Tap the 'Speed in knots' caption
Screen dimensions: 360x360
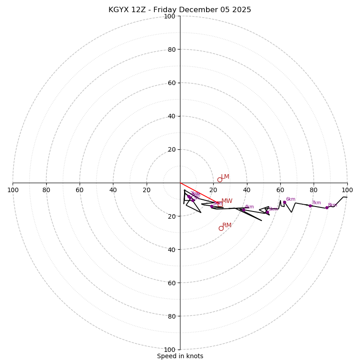(x=180, y=356)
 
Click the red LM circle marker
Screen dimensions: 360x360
(x=220, y=180)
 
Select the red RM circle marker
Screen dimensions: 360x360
(x=221, y=228)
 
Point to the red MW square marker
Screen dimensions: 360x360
(x=220, y=204)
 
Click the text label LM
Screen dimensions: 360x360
(x=225, y=177)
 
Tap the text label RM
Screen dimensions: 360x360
(x=227, y=225)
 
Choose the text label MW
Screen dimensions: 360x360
(x=227, y=201)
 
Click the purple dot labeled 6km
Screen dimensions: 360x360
(x=284, y=202)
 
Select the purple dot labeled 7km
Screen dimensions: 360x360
(x=310, y=206)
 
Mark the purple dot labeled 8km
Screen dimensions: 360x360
(x=327, y=207)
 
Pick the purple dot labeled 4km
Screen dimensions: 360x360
(x=243, y=210)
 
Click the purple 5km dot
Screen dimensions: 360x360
(x=267, y=212)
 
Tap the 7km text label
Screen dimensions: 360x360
(x=316, y=203)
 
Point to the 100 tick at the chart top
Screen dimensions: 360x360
(x=170, y=17)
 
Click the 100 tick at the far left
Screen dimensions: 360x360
(x=13, y=190)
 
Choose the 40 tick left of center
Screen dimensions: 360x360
(x=113, y=190)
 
